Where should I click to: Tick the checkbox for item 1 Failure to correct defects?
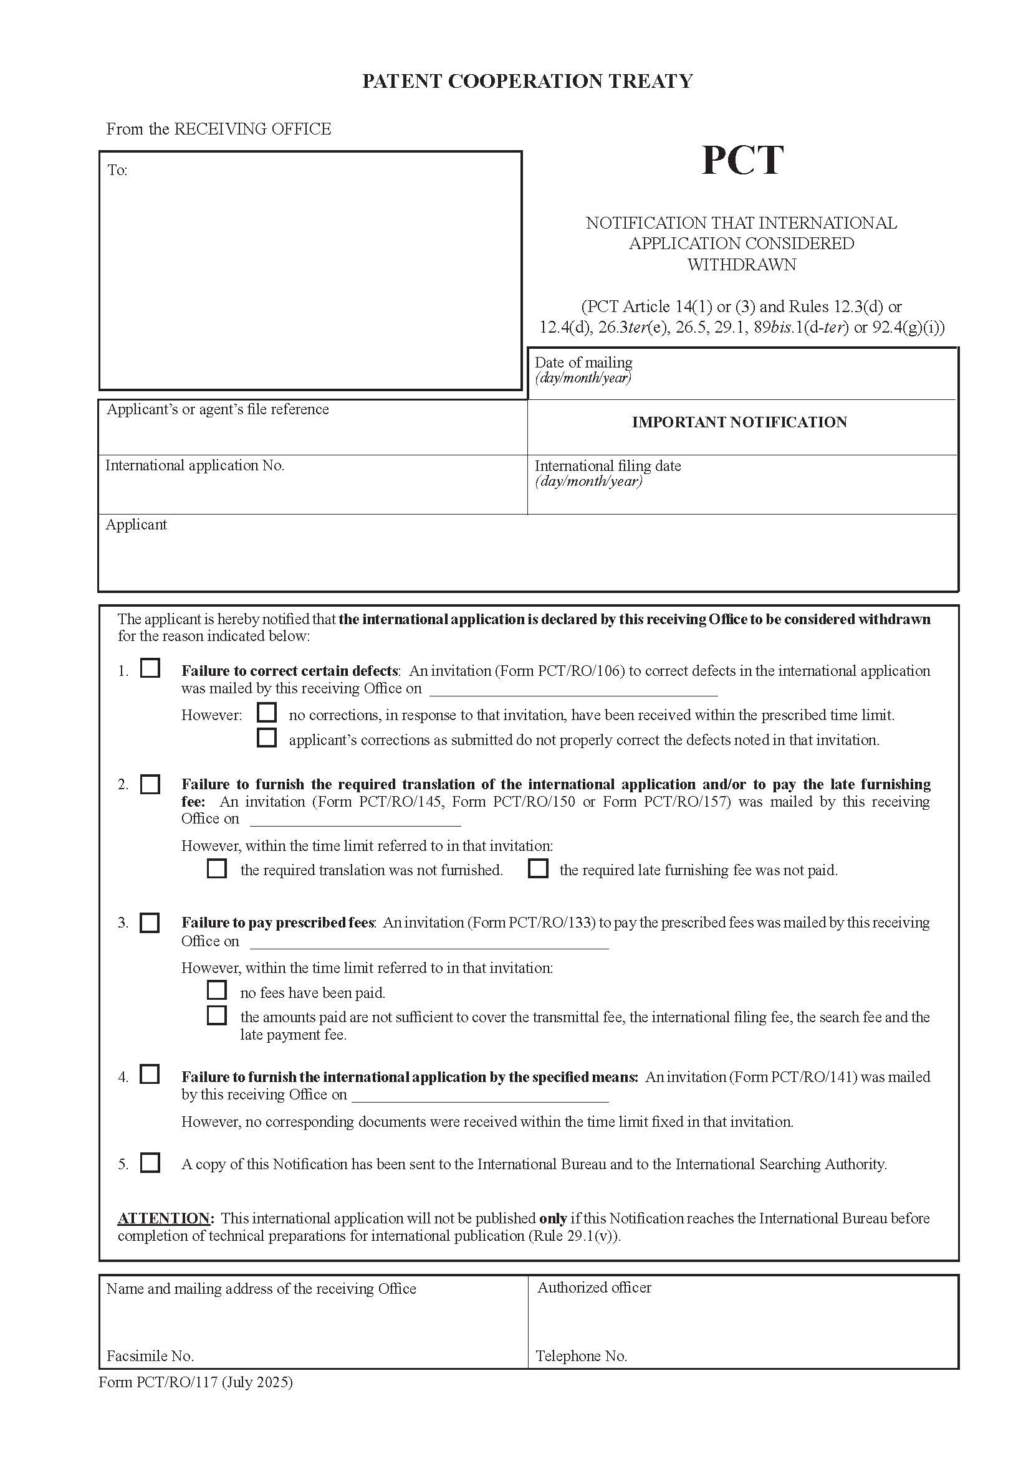(150, 668)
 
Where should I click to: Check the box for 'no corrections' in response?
(267, 713)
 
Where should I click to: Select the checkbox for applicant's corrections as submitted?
(267, 738)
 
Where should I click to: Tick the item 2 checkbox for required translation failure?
(150, 784)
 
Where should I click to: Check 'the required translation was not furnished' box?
(217, 868)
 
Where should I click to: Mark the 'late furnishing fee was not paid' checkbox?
(538, 868)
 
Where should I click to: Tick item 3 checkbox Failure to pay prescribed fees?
(150, 923)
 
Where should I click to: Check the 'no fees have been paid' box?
(217, 990)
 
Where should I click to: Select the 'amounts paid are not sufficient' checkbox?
(217, 1015)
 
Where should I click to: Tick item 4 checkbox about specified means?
(150, 1075)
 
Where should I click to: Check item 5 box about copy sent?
(150, 1162)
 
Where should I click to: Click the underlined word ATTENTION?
(164, 1218)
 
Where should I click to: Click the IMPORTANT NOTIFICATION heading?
(739, 422)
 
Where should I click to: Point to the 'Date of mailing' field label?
(583, 363)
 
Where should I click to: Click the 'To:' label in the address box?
(117, 170)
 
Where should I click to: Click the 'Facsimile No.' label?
(150, 1356)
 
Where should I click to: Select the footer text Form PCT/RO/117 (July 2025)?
(196, 1382)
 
